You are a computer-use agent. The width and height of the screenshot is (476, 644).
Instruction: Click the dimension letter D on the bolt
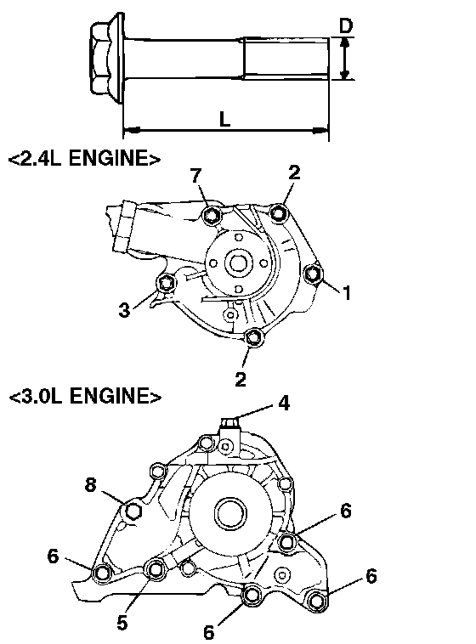346,25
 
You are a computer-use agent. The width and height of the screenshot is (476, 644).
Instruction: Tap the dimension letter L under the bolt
224,119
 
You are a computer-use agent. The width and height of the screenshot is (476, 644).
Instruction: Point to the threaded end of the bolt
286,58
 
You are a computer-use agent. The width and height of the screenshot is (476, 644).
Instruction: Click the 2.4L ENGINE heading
84,158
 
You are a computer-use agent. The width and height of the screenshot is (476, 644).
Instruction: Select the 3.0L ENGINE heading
85,396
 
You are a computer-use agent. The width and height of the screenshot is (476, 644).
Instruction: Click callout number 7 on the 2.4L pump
196,176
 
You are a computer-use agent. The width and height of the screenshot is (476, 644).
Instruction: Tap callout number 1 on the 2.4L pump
347,293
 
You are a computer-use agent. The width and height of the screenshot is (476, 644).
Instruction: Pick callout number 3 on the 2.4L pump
124,309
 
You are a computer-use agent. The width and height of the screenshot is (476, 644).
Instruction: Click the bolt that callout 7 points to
213,215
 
